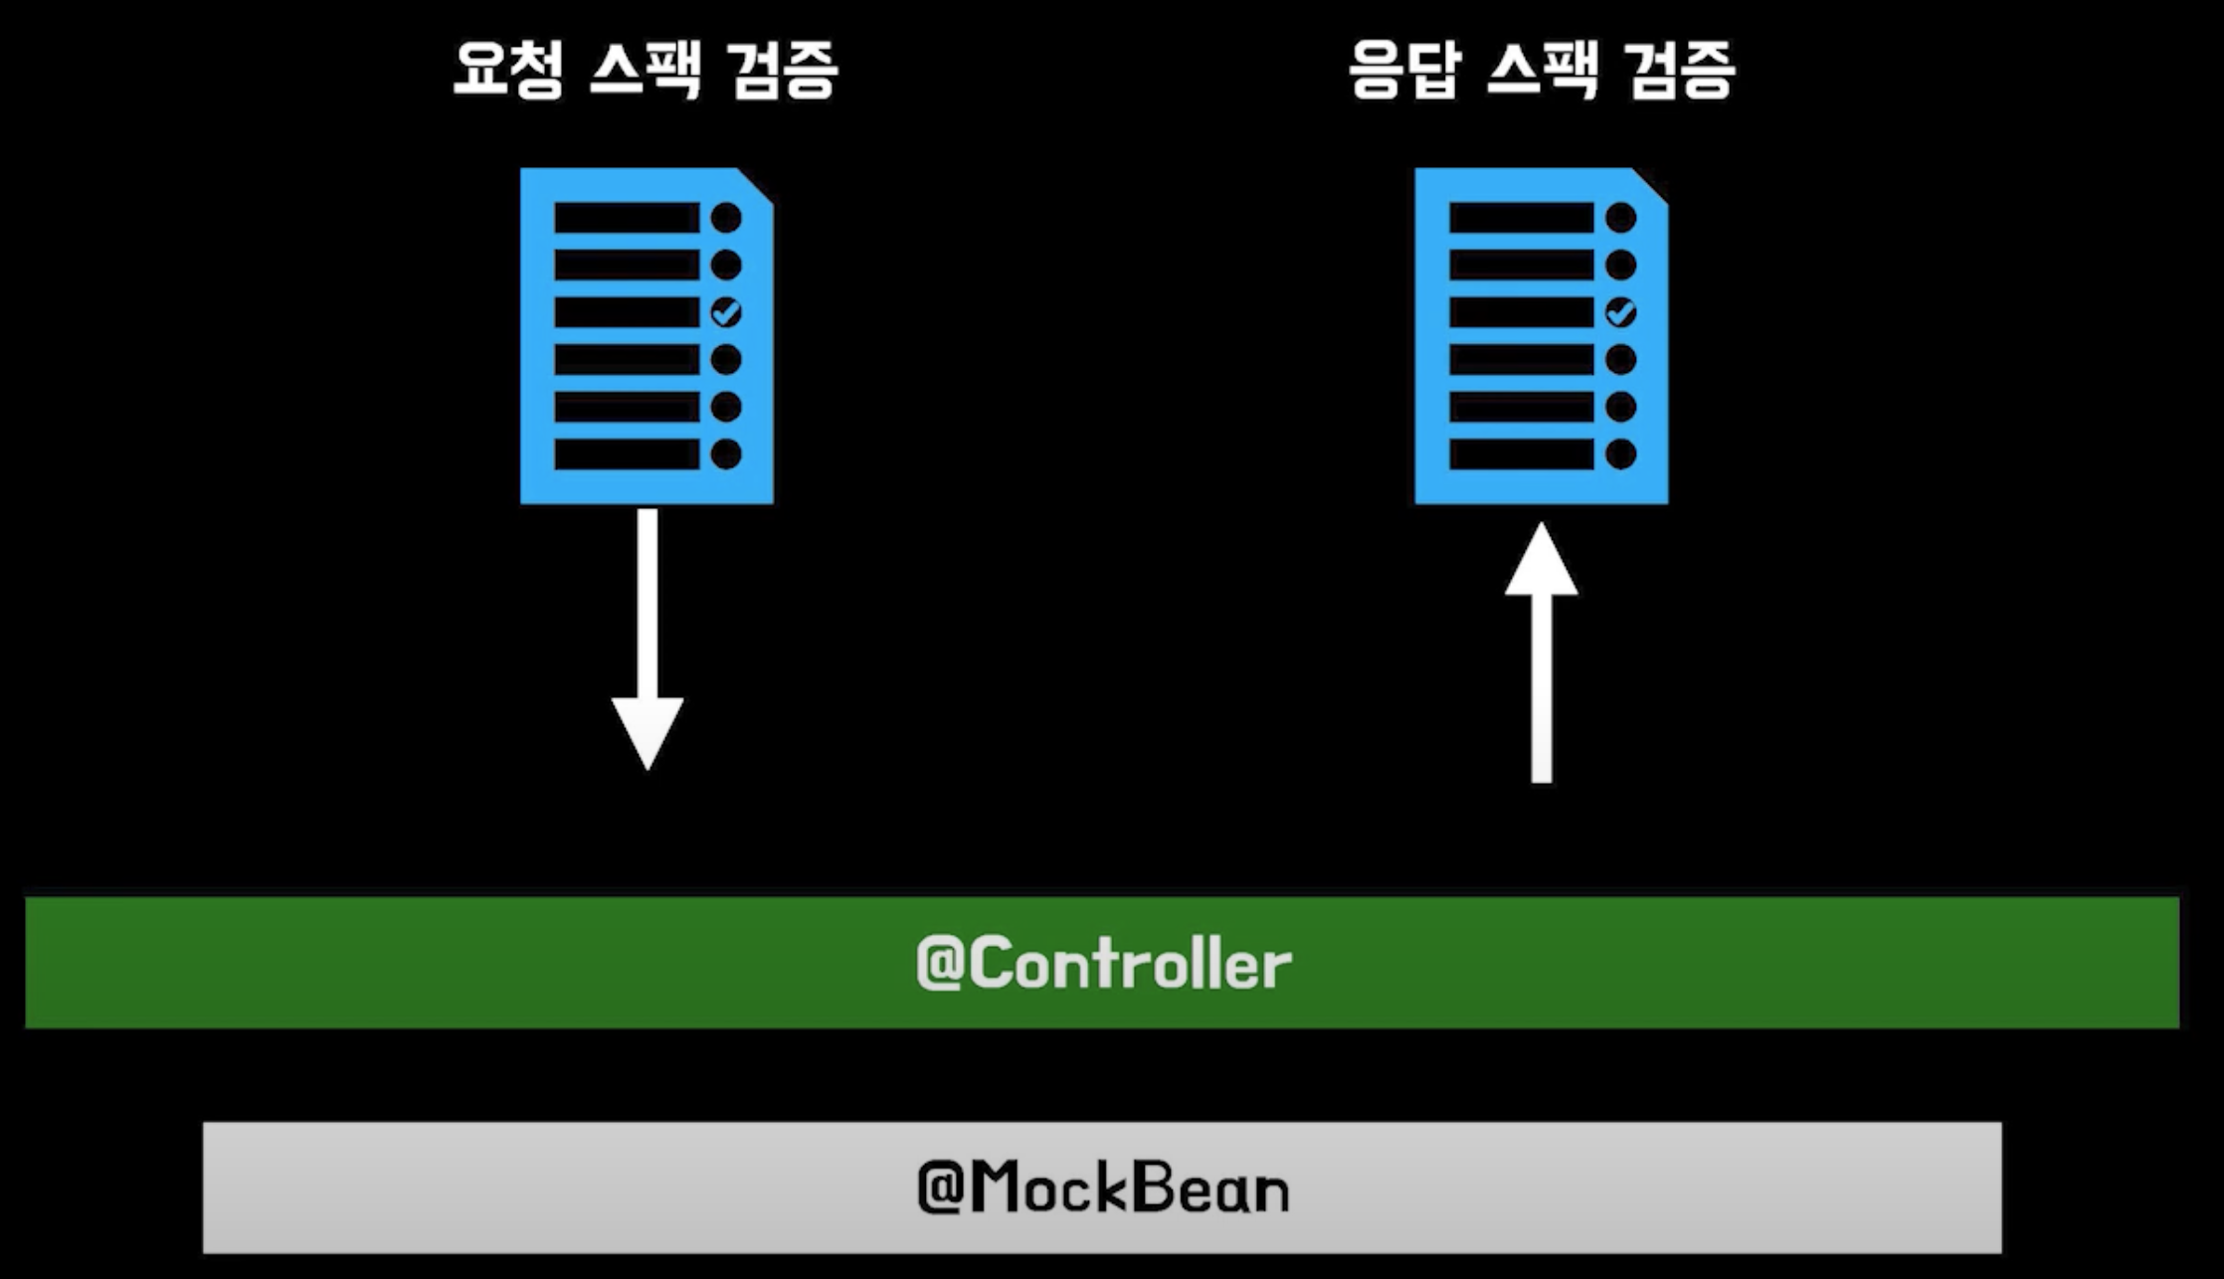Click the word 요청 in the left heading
[x=508, y=70]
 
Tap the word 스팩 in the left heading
[x=646, y=70]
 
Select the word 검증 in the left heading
[x=783, y=70]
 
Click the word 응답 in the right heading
[x=1404, y=70]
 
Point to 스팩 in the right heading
[x=1542, y=70]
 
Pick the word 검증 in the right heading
[x=1680, y=70]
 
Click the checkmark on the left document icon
[x=726, y=312]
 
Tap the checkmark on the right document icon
[x=1620, y=312]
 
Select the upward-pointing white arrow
[x=1542, y=646]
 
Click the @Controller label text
[x=1103, y=964]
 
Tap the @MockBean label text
[x=1103, y=1188]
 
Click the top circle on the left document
[x=726, y=217]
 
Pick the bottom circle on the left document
[x=726, y=454]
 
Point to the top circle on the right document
[x=1620, y=217]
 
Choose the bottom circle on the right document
[x=1620, y=454]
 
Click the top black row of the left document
[x=627, y=217]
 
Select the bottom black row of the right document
[x=1521, y=454]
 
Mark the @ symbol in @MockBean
[x=938, y=1188]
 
